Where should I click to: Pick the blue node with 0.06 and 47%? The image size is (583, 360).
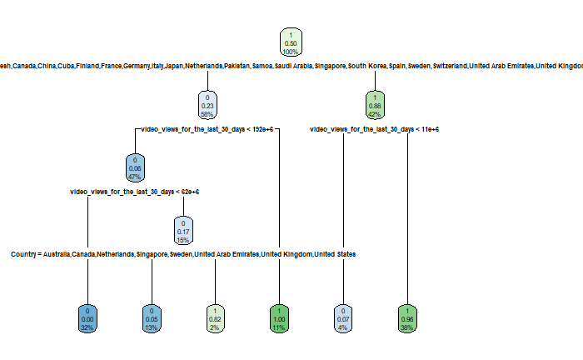click(x=134, y=168)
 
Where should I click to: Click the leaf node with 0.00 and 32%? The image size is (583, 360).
click(x=87, y=317)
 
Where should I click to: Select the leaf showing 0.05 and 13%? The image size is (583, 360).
click(x=151, y=317)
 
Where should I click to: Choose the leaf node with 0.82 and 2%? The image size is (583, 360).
click(x=216, y=317)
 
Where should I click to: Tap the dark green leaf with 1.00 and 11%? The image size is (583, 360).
click(x=277, y=317)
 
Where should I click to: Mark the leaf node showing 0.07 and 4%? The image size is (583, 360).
click(x=342, y=317)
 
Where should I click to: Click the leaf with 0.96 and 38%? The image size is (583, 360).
click(x=407, y=317)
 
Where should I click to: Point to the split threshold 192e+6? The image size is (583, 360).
click(x=262, y=129)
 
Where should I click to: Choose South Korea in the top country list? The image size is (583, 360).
click(x=367, y=66)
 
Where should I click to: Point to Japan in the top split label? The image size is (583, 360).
click(x=174, y=66)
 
